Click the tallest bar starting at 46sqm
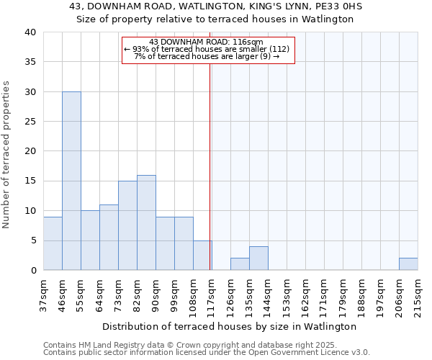pos(71,181)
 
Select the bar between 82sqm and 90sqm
pos(146,222)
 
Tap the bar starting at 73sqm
pos(127,225)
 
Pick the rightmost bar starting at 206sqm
pos(408,264)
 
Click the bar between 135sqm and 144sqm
pos(258,258)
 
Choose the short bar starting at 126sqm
pos(240,264)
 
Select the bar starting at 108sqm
pos(202,256)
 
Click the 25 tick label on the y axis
pos(30,122)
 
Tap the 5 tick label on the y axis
pos(32,240)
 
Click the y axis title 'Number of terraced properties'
pos(7,155)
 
